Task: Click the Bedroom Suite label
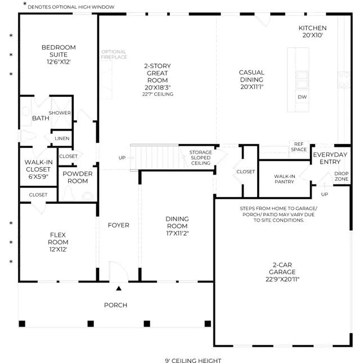pos(58,51)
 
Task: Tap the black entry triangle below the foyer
pos(119,288)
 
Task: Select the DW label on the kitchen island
pos(302,97)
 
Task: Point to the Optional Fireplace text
pos(114,54)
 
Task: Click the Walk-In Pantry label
pos(285,179)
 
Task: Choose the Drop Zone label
pos(341,176)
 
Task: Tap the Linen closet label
pos(62,138)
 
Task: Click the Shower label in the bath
pos(60,113)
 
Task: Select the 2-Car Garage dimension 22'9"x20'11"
pos(282,279)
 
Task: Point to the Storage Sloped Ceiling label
pos(201,158)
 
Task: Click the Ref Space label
pos(299,147)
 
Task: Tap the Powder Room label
pos(78,177)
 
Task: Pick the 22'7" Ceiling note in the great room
pos(158,94)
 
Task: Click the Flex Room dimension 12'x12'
pos(58,249)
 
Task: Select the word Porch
pos(116,305)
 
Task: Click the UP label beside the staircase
pos(122,158)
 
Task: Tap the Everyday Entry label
pos(330,158)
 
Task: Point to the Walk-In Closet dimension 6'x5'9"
pos(38,177)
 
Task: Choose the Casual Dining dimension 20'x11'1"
pos(252,87)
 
